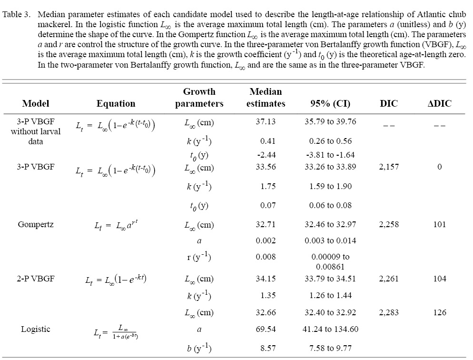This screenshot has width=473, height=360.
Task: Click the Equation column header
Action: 116,103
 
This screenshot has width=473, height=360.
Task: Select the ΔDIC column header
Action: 439,103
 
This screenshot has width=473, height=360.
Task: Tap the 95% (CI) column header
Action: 330,103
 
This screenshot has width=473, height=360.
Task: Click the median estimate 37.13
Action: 266,121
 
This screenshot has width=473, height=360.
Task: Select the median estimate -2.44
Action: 266,155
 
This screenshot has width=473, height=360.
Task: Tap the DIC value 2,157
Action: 389,167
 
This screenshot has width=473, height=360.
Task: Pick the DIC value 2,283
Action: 389,312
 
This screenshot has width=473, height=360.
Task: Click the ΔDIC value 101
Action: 439,224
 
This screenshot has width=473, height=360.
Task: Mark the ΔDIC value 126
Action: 439,312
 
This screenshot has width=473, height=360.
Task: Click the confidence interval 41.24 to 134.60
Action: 330,329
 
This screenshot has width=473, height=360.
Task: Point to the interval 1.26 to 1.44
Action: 330,295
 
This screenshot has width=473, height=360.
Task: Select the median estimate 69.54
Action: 266,329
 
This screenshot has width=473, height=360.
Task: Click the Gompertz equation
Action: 116,225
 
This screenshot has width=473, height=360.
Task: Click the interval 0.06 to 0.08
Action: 330,205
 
